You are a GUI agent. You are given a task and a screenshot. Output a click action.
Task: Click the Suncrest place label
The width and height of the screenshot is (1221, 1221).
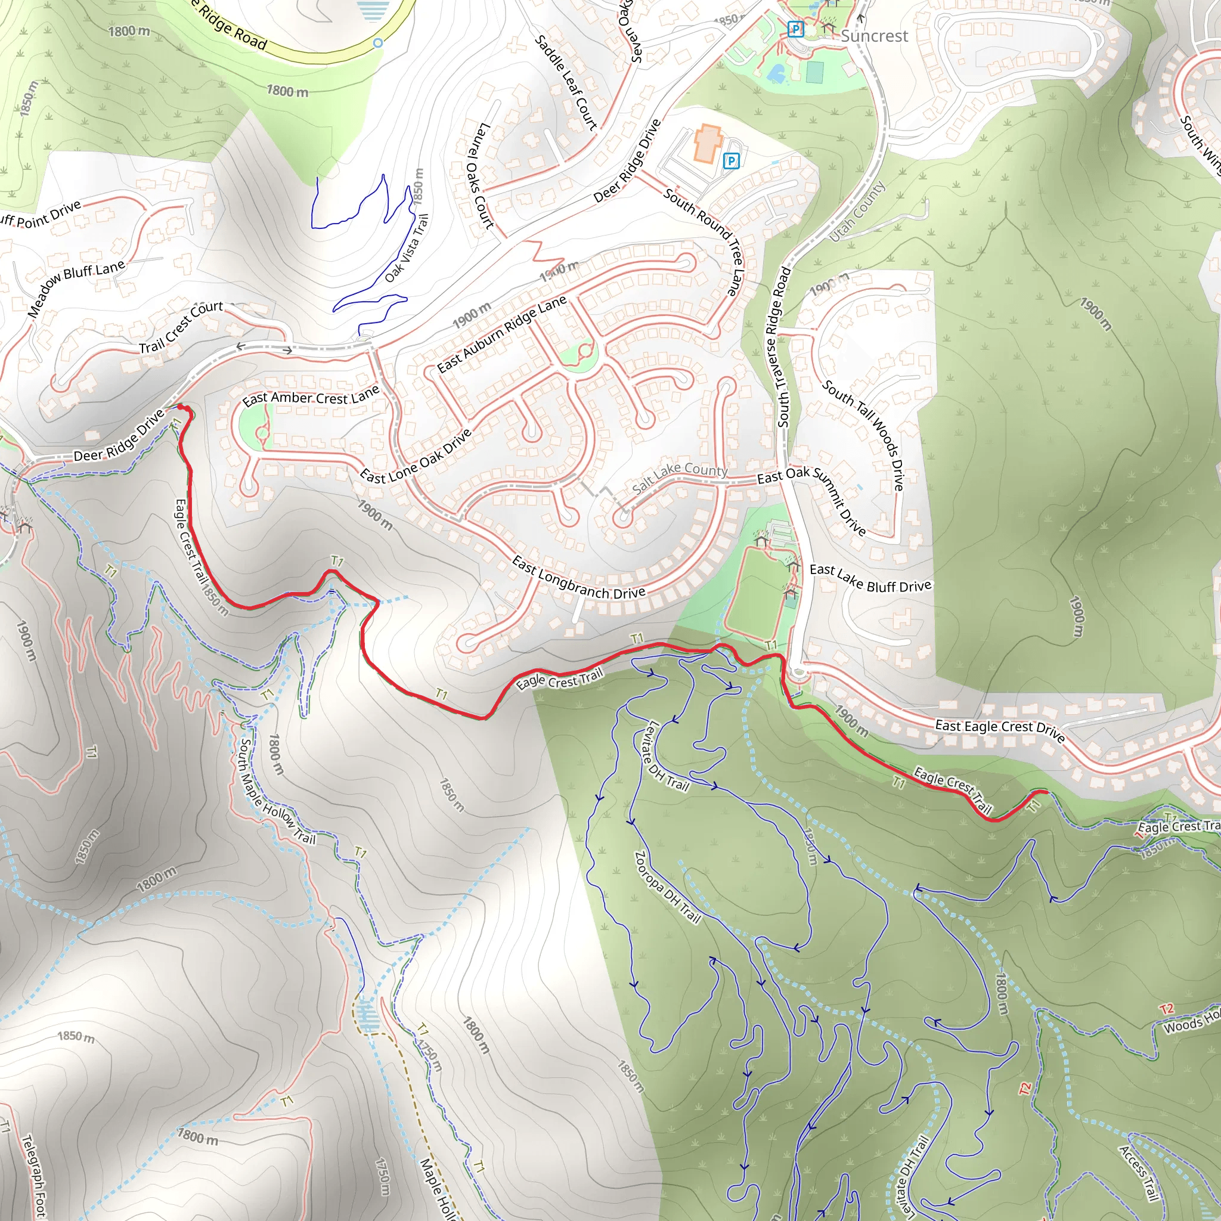pyautogui.click(x=874, y=36)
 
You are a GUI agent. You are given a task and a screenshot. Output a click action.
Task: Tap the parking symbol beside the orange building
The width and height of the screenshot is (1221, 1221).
pyautogui.click(x=730, y=161)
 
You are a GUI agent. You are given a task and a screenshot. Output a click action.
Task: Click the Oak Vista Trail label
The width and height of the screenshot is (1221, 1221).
pyautogui.click(x=407, y=249)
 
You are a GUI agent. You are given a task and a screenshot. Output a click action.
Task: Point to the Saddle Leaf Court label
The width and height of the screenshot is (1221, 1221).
pyautogui.click(x=566, y=83)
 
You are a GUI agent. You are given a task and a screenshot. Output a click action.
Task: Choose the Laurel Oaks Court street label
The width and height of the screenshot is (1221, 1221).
pyautogui.click(x=478, y=175)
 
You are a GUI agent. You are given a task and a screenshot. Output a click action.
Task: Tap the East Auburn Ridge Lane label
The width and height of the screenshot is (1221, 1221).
pyautogui.click(x=502, y=334)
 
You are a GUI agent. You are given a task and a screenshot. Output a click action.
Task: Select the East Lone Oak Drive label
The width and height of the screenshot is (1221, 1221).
pyautogui.click(x=416, y=457)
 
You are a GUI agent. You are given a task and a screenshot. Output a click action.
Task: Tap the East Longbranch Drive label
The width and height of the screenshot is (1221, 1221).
pyautogui.click(x=578, y=578)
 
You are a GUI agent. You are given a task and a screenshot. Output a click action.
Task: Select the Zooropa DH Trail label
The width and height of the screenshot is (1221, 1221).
pyautogui.click(x=667, y=887)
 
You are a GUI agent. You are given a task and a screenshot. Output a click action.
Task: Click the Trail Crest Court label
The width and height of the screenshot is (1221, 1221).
pyautogui.click(x=181, y=327)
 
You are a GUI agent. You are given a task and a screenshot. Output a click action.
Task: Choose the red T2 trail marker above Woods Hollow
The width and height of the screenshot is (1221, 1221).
pyautogui.click(x=1167, y=1009)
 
